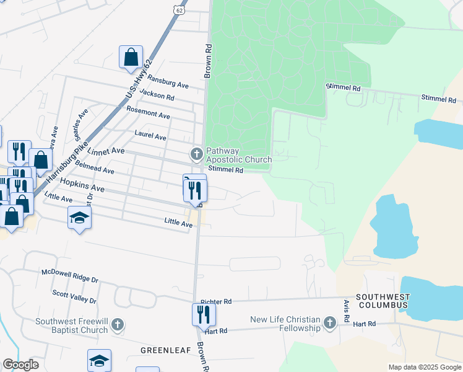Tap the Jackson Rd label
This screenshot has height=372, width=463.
[x=157, y=95]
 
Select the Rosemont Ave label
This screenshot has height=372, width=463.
[x=148, y=115]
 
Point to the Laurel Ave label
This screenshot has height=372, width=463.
[x=151, y=136]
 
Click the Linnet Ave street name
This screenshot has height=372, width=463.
[x=106, y=150]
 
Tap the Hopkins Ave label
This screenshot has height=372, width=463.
[x=82, y=185]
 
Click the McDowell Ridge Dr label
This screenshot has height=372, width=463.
[x=70, y=276]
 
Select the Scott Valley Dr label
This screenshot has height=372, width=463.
[x=74, y=296]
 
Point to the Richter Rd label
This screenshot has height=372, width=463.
[x=215, y=301]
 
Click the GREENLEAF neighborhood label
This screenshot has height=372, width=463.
[x=160, y=350]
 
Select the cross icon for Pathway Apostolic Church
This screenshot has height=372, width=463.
[x=196, y=153]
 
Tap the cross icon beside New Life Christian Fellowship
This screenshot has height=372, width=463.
[x=330, y=322]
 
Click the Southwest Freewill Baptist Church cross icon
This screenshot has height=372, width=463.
[x=118, y=324]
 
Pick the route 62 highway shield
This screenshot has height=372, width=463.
[x=179, y=10]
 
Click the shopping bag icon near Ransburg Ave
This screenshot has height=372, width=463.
[x=131, y=57]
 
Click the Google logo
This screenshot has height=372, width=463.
[x=21, y=365]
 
